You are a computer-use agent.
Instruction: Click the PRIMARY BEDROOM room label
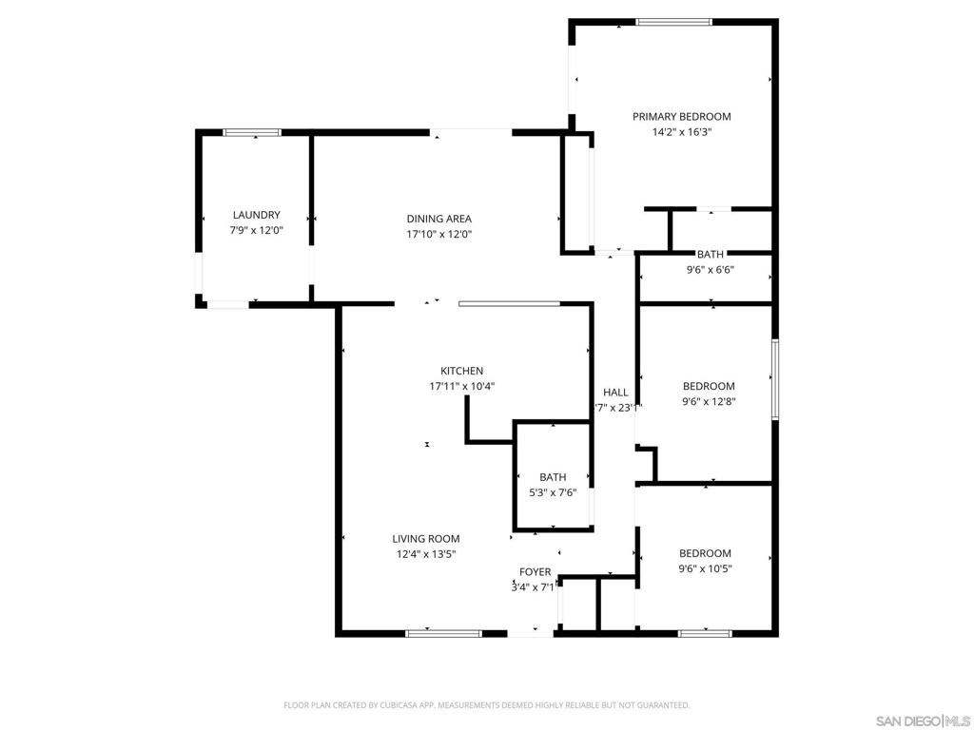pos(682,117)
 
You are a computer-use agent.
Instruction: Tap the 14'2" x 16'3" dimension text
pos(682,133)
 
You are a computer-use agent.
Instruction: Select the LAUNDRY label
pos(257,216)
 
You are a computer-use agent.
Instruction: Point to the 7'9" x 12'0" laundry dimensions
pos(257,231)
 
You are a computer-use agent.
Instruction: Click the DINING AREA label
pos(438,219)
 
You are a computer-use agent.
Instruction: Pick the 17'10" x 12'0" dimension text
pos(438,234)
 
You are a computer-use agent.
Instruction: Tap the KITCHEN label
pos(461,371)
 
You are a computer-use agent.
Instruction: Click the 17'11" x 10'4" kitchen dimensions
pos(461,386)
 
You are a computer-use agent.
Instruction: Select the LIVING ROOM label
pos(425,539)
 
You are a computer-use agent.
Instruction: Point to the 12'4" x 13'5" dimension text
pos(425,554)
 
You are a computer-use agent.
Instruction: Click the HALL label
pos(615,393)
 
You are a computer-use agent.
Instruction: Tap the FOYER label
pos(535,572)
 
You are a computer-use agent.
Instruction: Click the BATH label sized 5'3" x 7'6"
pos(553,477)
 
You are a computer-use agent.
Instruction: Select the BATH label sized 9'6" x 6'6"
pos(710,254)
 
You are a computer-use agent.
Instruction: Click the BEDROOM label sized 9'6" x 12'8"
pos(709,386)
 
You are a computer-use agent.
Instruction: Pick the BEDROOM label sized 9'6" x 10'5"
pos(705,553)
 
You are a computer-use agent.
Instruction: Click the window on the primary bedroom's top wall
pos(673,22)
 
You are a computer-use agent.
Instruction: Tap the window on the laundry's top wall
pos(252,133)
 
